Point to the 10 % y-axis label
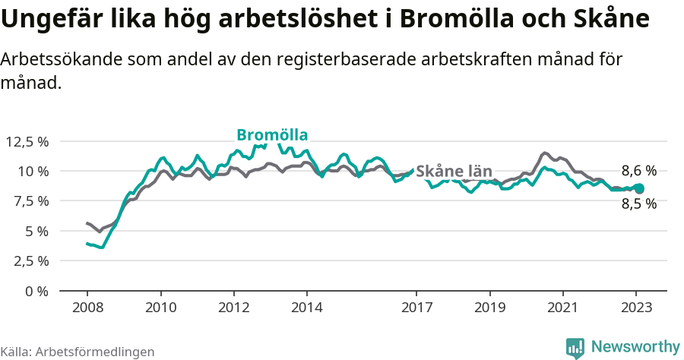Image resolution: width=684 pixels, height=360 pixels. click(33, 171)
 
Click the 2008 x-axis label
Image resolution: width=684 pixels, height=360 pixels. click(87, 308)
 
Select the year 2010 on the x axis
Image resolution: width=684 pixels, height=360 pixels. click(160, 308)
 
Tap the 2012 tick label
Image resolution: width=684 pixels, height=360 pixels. click(233, 308)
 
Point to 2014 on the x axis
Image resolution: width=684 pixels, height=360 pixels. click(306, 308)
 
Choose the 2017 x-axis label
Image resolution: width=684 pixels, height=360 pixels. click(416, 308)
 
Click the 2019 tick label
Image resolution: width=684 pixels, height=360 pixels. click(489, 308)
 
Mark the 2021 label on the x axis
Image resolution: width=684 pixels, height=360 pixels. click(562, 308)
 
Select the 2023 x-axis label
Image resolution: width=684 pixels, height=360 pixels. click(635, 308)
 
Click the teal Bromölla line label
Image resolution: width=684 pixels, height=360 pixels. click(272, 135)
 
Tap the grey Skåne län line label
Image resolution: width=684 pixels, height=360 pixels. click(454, 171)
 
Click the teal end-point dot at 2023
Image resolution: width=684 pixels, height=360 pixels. click(639, 188)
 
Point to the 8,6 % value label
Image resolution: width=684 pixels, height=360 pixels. click(638, 171)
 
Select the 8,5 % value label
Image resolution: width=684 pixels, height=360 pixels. click(638, 204)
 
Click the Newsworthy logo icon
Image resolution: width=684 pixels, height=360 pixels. click(575, 347)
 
